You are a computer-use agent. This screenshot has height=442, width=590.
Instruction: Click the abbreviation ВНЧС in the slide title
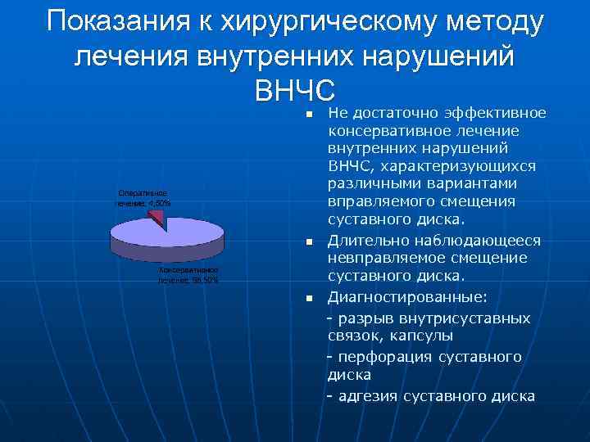[296, 87]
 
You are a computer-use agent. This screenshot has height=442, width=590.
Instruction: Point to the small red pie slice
[158, 218]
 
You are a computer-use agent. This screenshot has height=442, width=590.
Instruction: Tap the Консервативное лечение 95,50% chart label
[188, 274]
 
